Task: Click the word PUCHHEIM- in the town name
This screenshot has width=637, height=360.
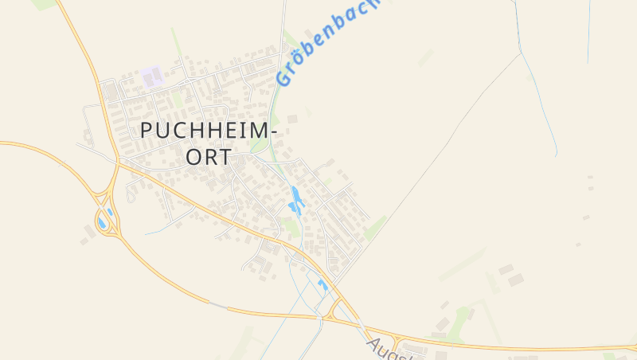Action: point(209,131)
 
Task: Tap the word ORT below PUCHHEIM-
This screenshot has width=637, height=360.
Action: point(209,157)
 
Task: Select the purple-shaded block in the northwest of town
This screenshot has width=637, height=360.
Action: point(151,77)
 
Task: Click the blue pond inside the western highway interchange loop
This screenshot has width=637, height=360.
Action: point(103,222)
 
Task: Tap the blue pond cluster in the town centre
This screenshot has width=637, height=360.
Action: point(296,202)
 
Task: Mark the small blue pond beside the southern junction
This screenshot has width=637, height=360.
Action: point(322,284)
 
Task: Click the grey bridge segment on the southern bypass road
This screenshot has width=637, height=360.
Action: point(217,304)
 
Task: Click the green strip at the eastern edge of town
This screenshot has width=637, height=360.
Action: point(375,228)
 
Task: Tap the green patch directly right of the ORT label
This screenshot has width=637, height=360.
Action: point(259,146)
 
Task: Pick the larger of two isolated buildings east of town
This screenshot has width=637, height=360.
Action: point(516,280)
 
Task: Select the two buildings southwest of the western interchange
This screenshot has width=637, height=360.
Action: point(88,232)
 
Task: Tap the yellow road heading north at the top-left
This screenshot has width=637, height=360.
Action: point(84,48)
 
